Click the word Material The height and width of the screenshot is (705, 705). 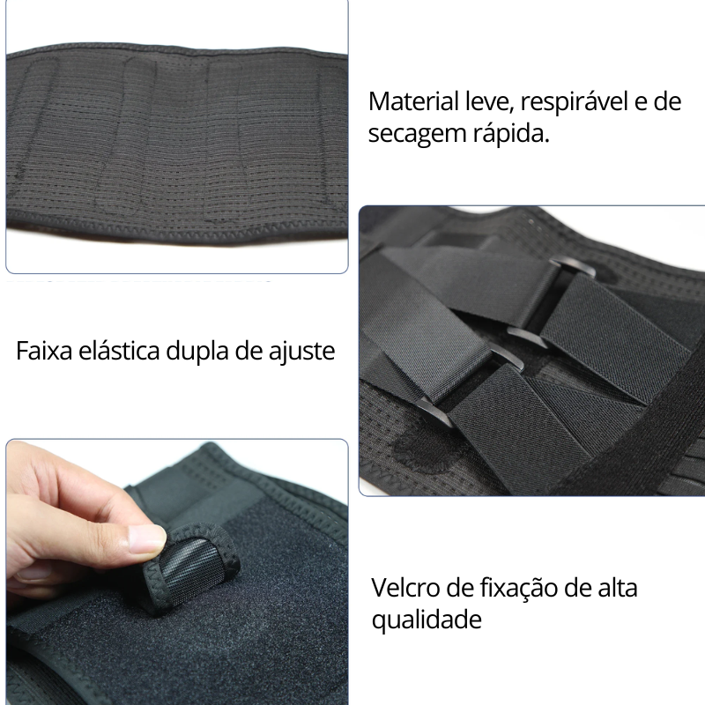[x=412, y=101]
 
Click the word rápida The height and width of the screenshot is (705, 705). [x=512, y=134]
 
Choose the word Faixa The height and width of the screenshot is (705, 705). [x=41, y=351]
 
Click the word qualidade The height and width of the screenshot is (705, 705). [x=427, y=620]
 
